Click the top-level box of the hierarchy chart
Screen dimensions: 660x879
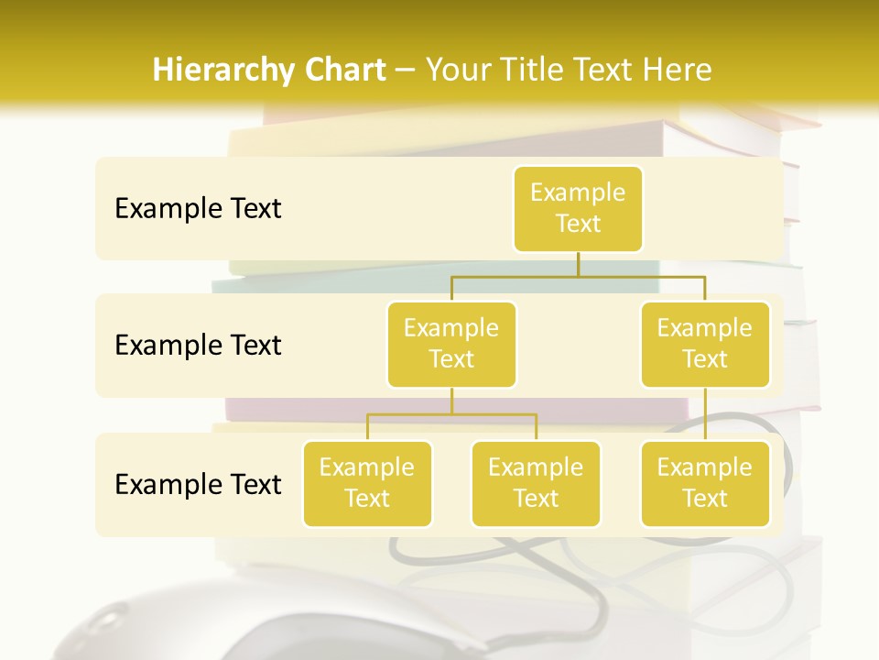point(578,209)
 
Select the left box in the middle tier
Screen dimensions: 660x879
point(451,345)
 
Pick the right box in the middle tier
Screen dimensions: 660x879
point(705,345)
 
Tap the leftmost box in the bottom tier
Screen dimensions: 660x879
point(367,484)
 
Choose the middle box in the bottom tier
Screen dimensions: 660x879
point(536,484)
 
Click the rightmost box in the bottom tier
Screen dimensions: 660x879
point(705,484)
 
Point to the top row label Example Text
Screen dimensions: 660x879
point(198,209)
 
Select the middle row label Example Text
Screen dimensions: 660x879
point(198,346)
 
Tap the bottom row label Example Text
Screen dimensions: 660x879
point(198,484)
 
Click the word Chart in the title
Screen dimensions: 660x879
point(343,70)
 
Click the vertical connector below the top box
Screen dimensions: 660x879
point(578,264)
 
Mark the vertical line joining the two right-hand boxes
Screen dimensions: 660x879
point(705,414)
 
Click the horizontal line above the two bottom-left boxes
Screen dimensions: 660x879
point(451,414)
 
